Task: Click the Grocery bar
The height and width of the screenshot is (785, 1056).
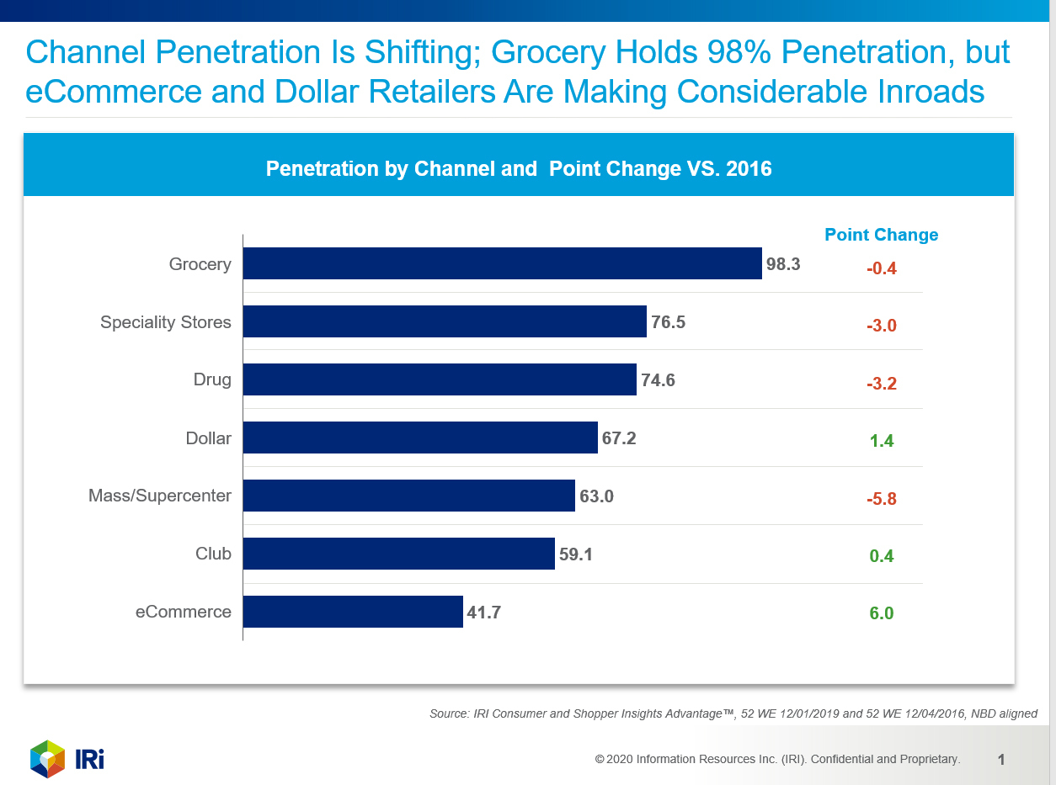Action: (x=502, y=263)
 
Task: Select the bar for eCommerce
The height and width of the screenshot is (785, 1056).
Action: (x=353, y=612)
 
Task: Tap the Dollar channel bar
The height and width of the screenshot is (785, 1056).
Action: (x=420, y=438)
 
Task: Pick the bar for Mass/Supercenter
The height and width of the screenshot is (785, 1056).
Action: (x=409, y=496)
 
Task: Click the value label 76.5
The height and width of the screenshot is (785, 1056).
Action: (x=668, y=322)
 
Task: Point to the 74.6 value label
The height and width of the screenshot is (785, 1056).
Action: (x=658, y=380)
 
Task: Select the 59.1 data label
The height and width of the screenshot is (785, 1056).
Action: (x=576, y=554)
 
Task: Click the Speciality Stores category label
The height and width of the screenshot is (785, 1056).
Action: (x=165, y=322)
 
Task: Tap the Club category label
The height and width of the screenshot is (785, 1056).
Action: (x=213, y=554)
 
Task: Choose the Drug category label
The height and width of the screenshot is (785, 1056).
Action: (x=212, y=379)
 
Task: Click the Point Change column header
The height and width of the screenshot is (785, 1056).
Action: (x=881, y=235)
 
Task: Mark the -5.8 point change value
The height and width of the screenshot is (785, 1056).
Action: (x=881, y=499)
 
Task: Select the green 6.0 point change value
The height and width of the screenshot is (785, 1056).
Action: (x=881, y=614)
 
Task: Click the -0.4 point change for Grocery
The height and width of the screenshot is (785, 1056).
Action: (x=881, y=269)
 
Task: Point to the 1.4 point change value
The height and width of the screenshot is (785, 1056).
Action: (x=881, y=441)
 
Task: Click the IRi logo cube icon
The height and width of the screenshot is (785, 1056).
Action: (x=48, y=759)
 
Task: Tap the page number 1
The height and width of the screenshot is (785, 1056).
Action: (x=1001, y=760)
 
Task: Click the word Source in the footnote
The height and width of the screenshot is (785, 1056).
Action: (x=449, y=714)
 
